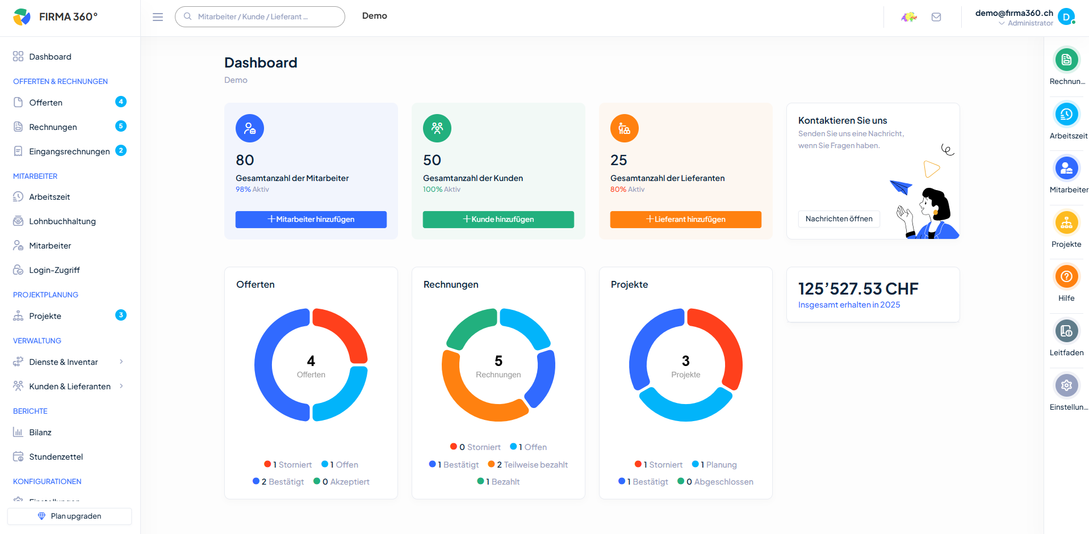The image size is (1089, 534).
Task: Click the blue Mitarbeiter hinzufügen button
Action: tap(311, 219)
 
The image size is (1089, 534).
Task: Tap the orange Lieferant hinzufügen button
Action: tap(685, 219)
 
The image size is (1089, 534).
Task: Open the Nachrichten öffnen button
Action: tap(839, 219)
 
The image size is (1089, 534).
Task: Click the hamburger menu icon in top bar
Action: tap(158, 17)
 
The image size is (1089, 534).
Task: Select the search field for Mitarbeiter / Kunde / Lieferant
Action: tap(260, 17)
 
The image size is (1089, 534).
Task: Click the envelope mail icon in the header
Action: tap(936, 17)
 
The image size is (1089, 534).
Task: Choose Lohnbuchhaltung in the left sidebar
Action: tap(62, 221)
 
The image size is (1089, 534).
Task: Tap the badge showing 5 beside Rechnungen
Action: tap(121, 126)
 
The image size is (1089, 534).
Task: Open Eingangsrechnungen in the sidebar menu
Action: tap(69, 152)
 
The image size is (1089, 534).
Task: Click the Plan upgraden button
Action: tap(69, 516)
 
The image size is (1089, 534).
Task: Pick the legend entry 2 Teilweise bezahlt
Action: tap(527, 465)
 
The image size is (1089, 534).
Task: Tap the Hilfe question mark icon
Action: tap(1066, 277)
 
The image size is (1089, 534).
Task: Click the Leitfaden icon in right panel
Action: tap(1066, 331)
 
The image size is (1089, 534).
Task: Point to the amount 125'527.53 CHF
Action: tap(858, 289)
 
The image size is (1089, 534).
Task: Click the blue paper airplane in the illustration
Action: tap(900, 186)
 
